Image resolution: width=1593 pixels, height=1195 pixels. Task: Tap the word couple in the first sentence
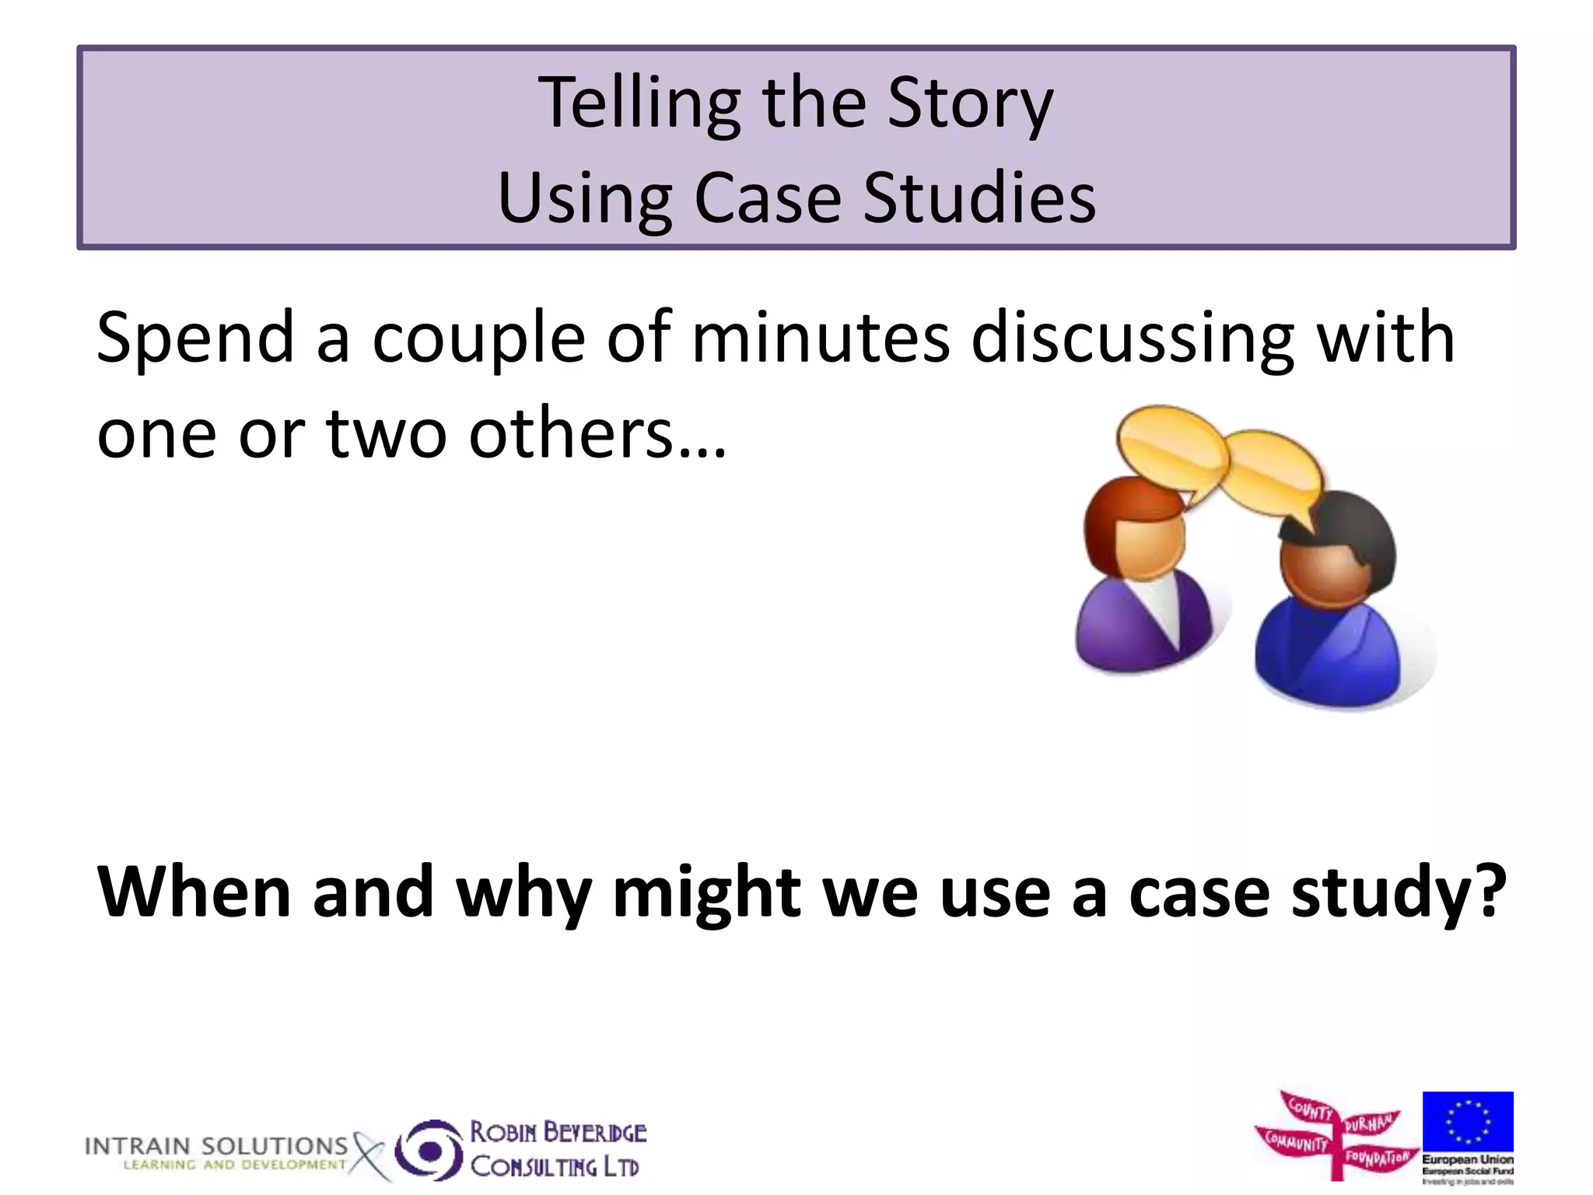click(478, 339)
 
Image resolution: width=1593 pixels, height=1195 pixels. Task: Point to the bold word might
click(706, 893)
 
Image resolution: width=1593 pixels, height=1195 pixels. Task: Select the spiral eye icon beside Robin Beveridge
click(429, 1150)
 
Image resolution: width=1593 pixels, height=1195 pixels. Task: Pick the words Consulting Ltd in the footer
click(555, 1167)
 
